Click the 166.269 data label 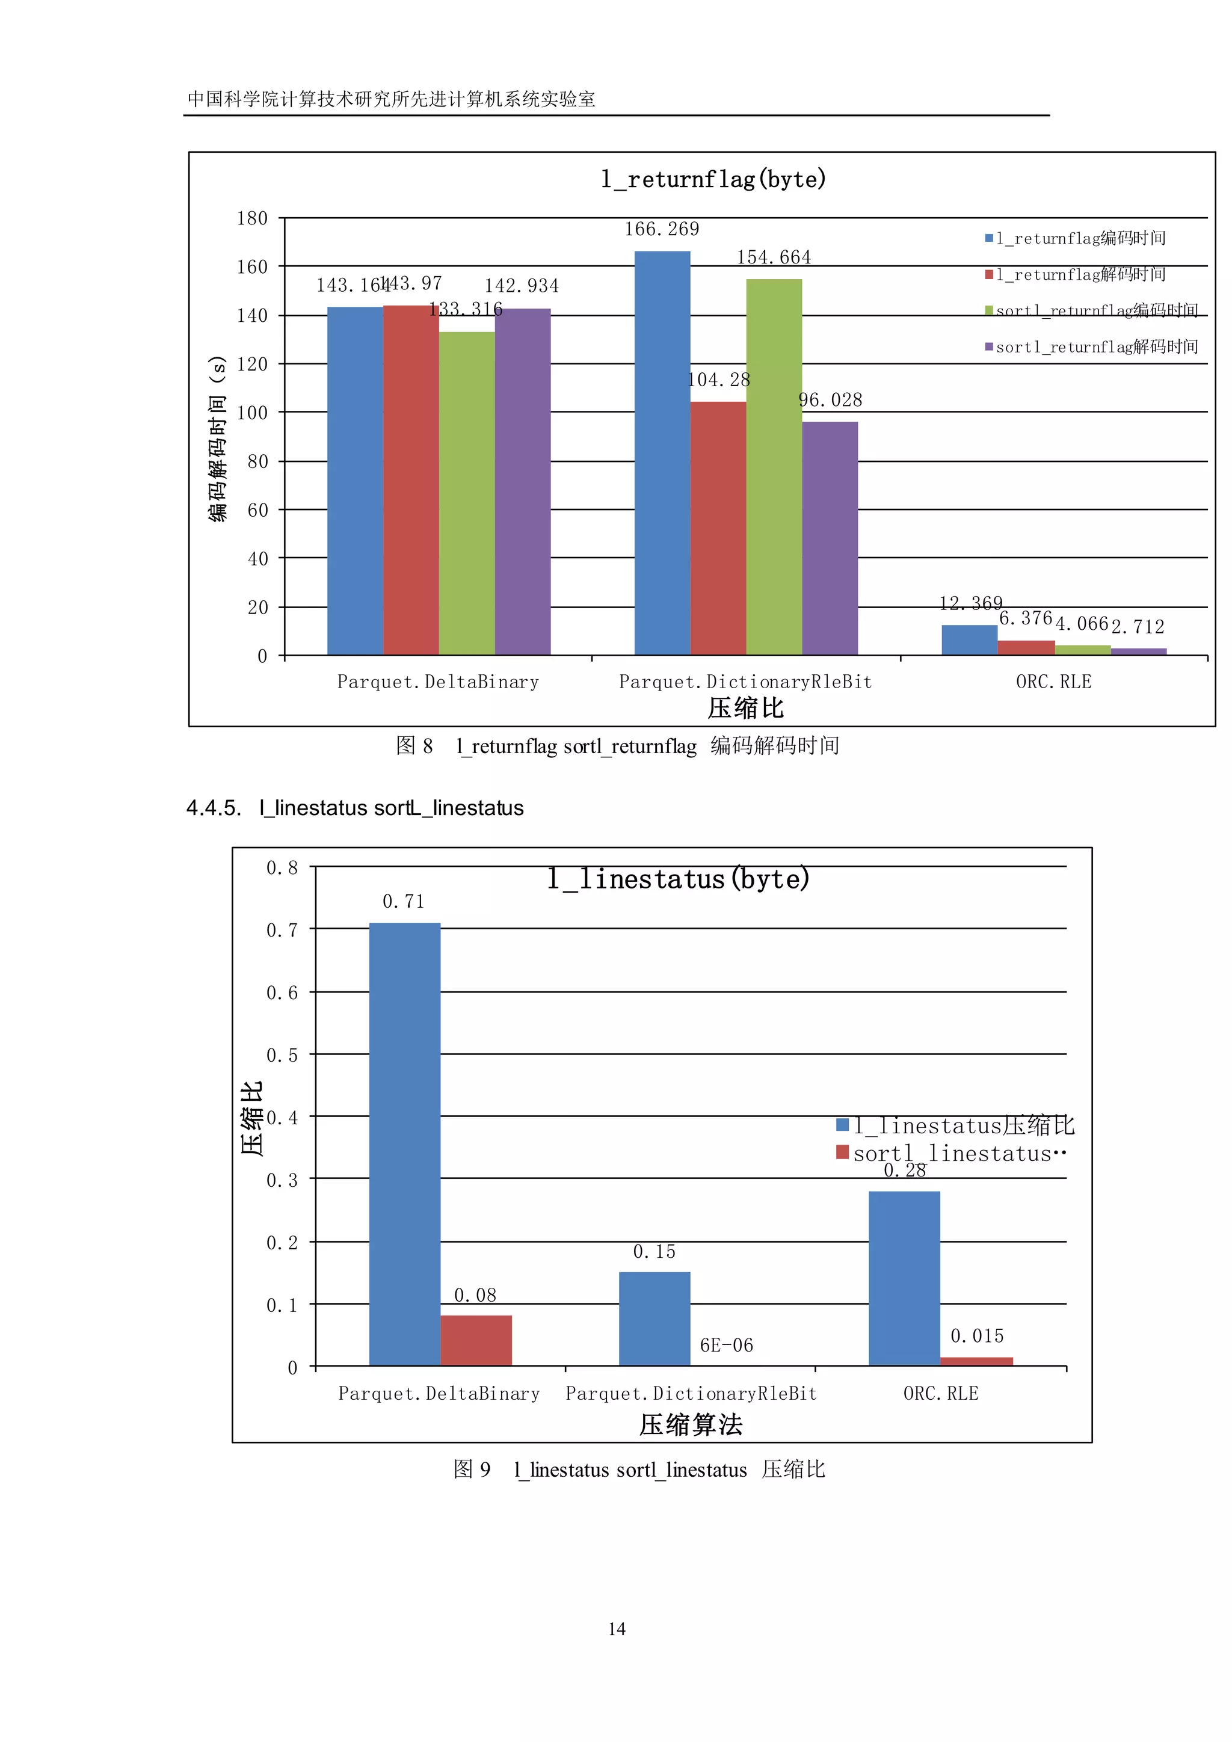(x=662, y=229)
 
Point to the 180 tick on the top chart (x=252, y=218)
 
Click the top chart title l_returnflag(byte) (x=713, y=180)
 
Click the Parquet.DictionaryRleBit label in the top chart (x=745, y=682)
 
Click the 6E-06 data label (x=726, y=1345)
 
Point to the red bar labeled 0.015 (x=976, y=1361)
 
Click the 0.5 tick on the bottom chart (x=282, y=1056)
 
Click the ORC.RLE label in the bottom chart (x=941, y=1394)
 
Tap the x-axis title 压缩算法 (x=691, y=1425)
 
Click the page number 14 (x=617, y=1629)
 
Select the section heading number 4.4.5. (x=213, y=808)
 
